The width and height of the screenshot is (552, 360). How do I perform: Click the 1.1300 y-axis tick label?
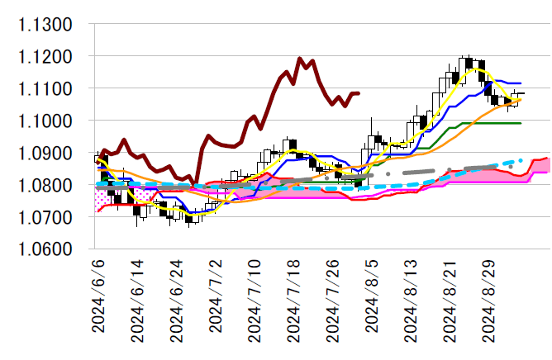coord(46,25)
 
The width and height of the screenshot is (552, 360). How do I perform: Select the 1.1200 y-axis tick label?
coord(46,57)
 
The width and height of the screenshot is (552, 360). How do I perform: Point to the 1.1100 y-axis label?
coord(46,89)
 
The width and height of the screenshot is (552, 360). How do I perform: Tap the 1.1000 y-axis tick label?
coord(46,121)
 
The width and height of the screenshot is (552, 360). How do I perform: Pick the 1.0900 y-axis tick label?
coord(46,154)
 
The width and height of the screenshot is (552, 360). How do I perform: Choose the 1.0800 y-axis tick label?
coord(46,186)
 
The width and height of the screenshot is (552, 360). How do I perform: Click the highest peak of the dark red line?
coord(299,59)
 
